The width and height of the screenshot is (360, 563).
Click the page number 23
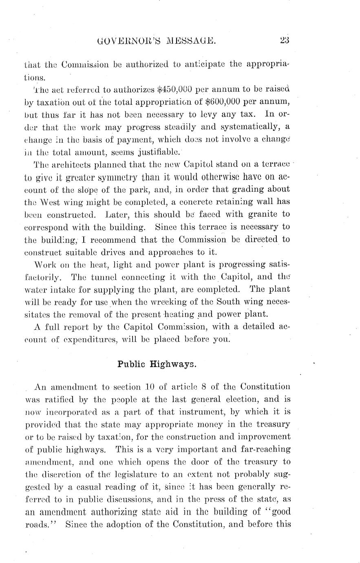[284, 40]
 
